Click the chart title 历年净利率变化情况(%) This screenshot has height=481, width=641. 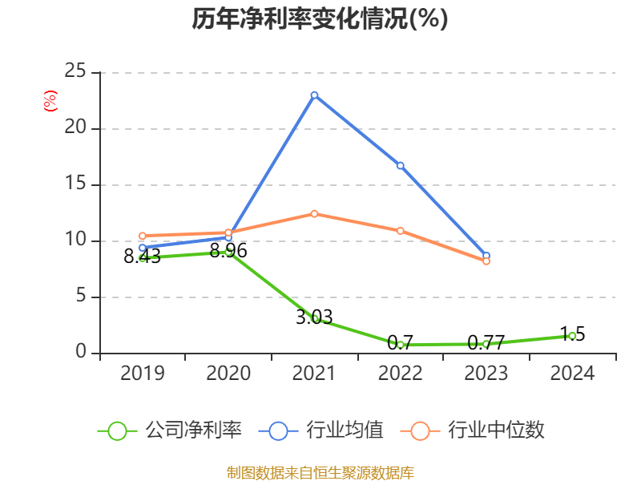pos(320,18)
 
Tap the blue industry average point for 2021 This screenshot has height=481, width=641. pos(314,95)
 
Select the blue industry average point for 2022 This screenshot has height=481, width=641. pos(400,165)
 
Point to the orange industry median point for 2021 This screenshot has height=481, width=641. pos(314,213)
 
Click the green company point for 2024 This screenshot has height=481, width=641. pos(572,336)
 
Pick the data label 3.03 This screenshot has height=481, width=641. pos(314,317)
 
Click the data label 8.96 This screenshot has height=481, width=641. pos(228,251)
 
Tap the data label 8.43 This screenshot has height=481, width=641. pos(142,257)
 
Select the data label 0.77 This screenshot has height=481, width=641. pos(486,344)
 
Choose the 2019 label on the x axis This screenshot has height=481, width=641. pos(142,374)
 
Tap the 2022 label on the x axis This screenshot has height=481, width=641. pos(400,374)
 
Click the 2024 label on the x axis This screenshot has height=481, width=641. pos(572,374)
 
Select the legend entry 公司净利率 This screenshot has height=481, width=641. pos(193,430)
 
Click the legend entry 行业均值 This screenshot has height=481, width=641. pos(345,430)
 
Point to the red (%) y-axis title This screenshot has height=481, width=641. pos(50,100)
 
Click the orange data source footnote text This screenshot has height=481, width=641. pos(320,472)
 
